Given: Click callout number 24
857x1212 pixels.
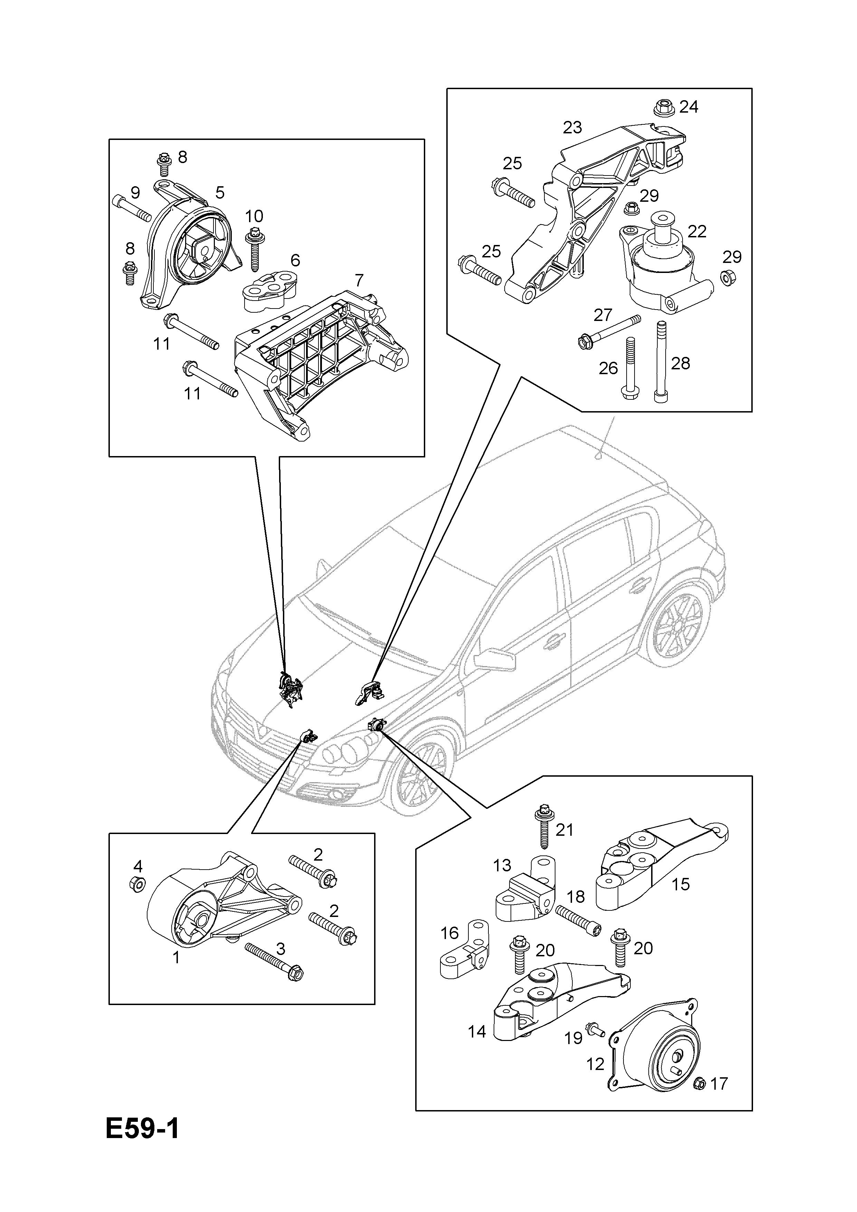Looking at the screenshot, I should [689, 107].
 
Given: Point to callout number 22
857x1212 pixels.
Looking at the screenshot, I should [697, 232].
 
